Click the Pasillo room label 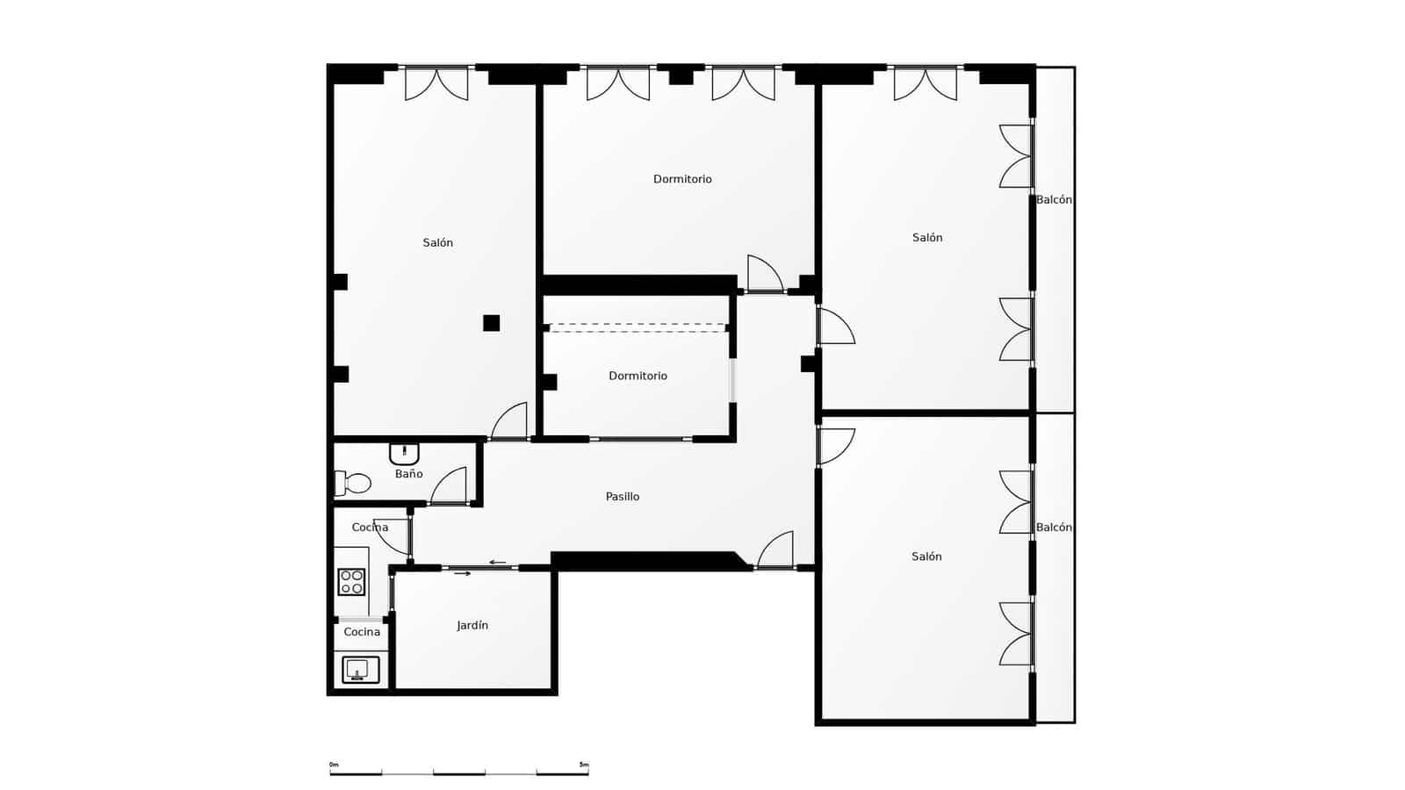(x=623, y=497)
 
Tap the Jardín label (x=472, y=626)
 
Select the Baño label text (x=408, y=474)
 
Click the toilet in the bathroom (x=353, y=483)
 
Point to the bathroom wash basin (x=404, y=454)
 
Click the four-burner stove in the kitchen (x=351, y=582)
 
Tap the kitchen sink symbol (x=360, y=670)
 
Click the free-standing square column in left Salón (x=491, y=323)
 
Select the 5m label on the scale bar (x=584, y=765)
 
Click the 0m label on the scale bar (x=334, y=765)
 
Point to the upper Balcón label (x=1054, y=200)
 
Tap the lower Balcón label (x=1054, y=528)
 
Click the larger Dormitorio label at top (x=682, y=179)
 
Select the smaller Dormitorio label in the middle (x=638, y=376)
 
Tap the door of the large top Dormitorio (x=764, y=274)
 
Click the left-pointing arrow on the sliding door (x=498, y=563)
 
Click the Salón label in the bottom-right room (x=926, y=557)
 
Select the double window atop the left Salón (x=436, y=83)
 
